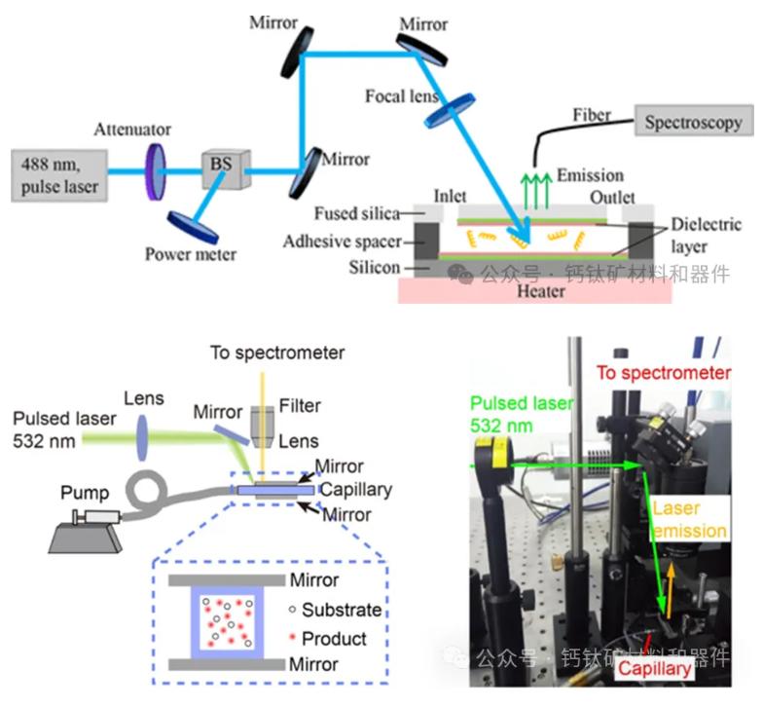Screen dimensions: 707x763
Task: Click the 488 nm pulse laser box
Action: click(59, 173)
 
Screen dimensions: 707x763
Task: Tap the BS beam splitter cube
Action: click(222, 167)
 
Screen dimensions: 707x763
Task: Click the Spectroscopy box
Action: click(693, 123)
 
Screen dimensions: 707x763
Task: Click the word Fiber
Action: click(592, 116)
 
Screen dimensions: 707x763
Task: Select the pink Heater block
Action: click(535, 290)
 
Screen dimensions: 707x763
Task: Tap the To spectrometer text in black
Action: click(277, 353)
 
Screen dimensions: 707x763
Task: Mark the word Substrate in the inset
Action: click(341, 611)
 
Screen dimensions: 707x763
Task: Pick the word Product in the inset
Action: click(334, 639)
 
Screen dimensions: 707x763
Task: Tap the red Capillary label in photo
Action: click(655, 668)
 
